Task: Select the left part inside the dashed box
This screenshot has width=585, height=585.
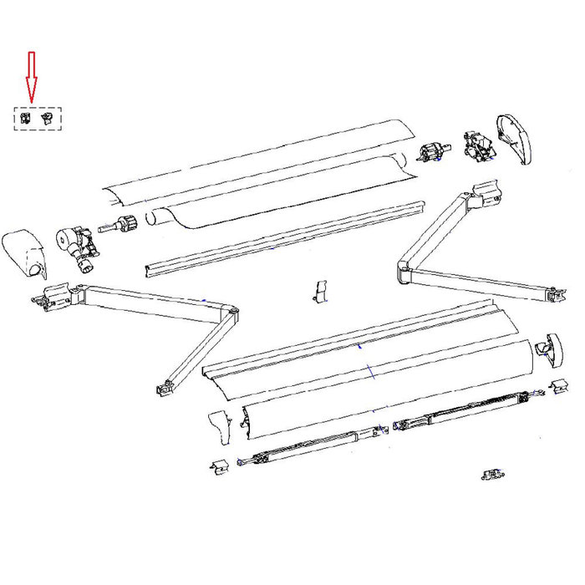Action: pos(26,118)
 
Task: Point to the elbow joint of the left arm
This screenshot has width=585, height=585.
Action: pos(230,314)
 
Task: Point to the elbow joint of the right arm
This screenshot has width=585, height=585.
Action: pos(407,272)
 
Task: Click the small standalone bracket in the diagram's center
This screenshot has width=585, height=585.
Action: pos(320,291)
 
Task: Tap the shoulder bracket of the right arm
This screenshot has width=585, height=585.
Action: pos(485,197)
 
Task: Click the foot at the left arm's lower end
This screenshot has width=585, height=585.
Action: pos(164,387)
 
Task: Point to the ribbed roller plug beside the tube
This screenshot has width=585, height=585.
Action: pos(127,224)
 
